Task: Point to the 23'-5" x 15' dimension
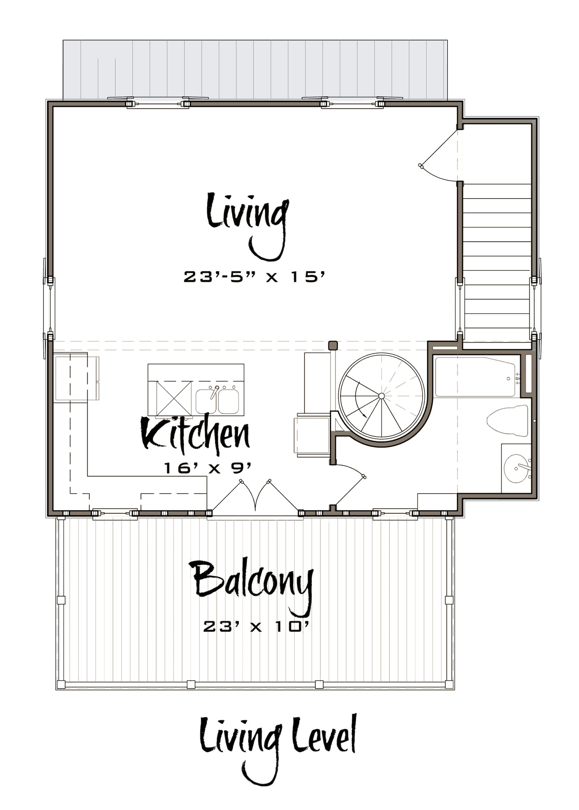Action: point(253,277)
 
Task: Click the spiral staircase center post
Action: point(381,396)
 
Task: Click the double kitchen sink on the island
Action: point(217,400)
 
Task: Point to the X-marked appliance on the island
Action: point(173,398)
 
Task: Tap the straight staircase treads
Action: point(497,264)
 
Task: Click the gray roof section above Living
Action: point(255,70)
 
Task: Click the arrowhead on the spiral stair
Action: point(364,416)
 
